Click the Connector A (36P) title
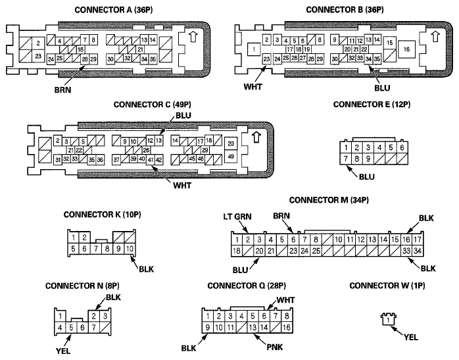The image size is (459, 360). coord(114,10)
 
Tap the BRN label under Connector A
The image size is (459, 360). coord(62,90)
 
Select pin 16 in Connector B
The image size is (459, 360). coord(406,49)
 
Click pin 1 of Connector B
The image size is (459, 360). coord(254,49)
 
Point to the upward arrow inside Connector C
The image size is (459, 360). coord(256,137)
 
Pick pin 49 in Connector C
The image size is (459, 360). coord(231,157)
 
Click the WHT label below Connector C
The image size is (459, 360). coord(182,186)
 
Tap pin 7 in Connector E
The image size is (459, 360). coord(346,159)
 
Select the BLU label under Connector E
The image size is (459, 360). coord(367,177)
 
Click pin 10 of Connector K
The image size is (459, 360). coord(130,249)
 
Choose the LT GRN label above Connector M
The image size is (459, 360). coord(237,217)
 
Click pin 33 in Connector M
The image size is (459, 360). coord(406,251)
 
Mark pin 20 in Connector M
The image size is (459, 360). coord(260,251)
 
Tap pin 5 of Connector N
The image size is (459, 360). coord(71,328)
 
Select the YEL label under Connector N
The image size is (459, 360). coord(63,350)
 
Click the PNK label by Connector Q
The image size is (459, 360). coord(275,347)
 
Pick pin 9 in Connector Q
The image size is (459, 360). coord(208,327)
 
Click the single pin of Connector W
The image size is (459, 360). coord(389,320)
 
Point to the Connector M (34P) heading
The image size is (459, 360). coord(329,200)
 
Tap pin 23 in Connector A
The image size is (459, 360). coord(38,56)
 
